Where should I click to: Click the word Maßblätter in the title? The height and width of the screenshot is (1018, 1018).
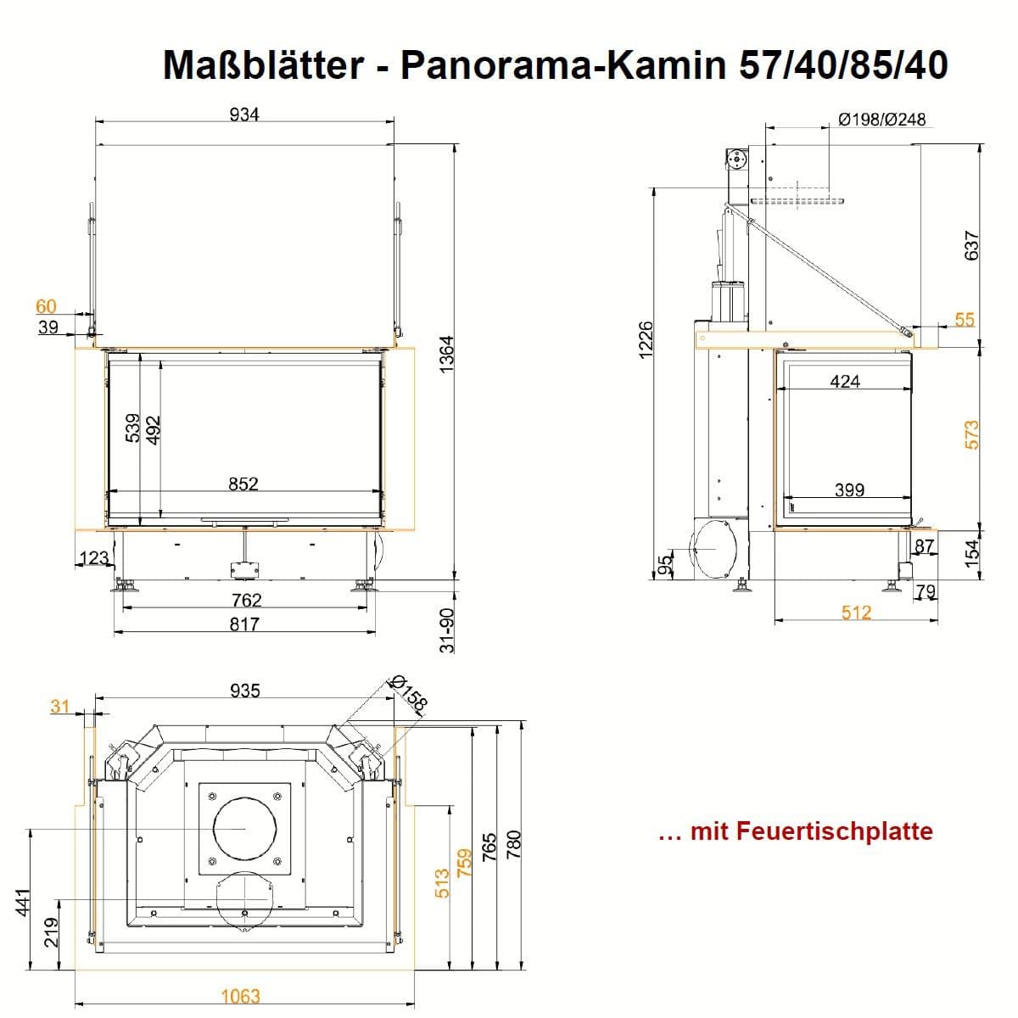click(x=263, y=65)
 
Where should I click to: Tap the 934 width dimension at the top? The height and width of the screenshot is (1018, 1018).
click(x=244, y=115)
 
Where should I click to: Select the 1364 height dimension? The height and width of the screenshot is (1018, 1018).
click(x=446, y=354)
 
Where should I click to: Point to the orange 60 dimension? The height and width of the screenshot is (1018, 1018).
click(x=46, y=306)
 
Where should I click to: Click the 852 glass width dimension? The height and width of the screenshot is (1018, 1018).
click(x=243, y=484)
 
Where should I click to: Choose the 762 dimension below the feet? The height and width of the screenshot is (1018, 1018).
click(x=247, y=600)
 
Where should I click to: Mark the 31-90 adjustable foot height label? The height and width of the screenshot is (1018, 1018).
click(x=446, y=630)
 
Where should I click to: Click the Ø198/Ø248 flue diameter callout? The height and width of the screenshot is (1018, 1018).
click(x=882, y=120)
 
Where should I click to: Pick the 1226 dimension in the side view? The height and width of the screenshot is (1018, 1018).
click(x=646, y=340)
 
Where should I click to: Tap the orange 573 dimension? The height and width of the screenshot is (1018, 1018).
click(x=971, y=435)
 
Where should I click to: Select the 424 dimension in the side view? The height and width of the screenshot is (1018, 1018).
click(x=845, y=381)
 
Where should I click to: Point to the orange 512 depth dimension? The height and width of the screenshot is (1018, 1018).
click(x=856, y=612)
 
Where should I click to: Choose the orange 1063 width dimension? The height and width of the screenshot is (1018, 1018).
click(x=240, y=996)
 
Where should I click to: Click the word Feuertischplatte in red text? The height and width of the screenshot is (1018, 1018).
click(x=835, y=831)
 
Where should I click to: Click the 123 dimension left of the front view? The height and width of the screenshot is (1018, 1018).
click(x=94, y=558)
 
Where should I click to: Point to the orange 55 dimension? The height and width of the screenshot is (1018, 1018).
click(x=965, y=320)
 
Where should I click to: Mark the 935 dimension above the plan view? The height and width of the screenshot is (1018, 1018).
click(x=245, y=691)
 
